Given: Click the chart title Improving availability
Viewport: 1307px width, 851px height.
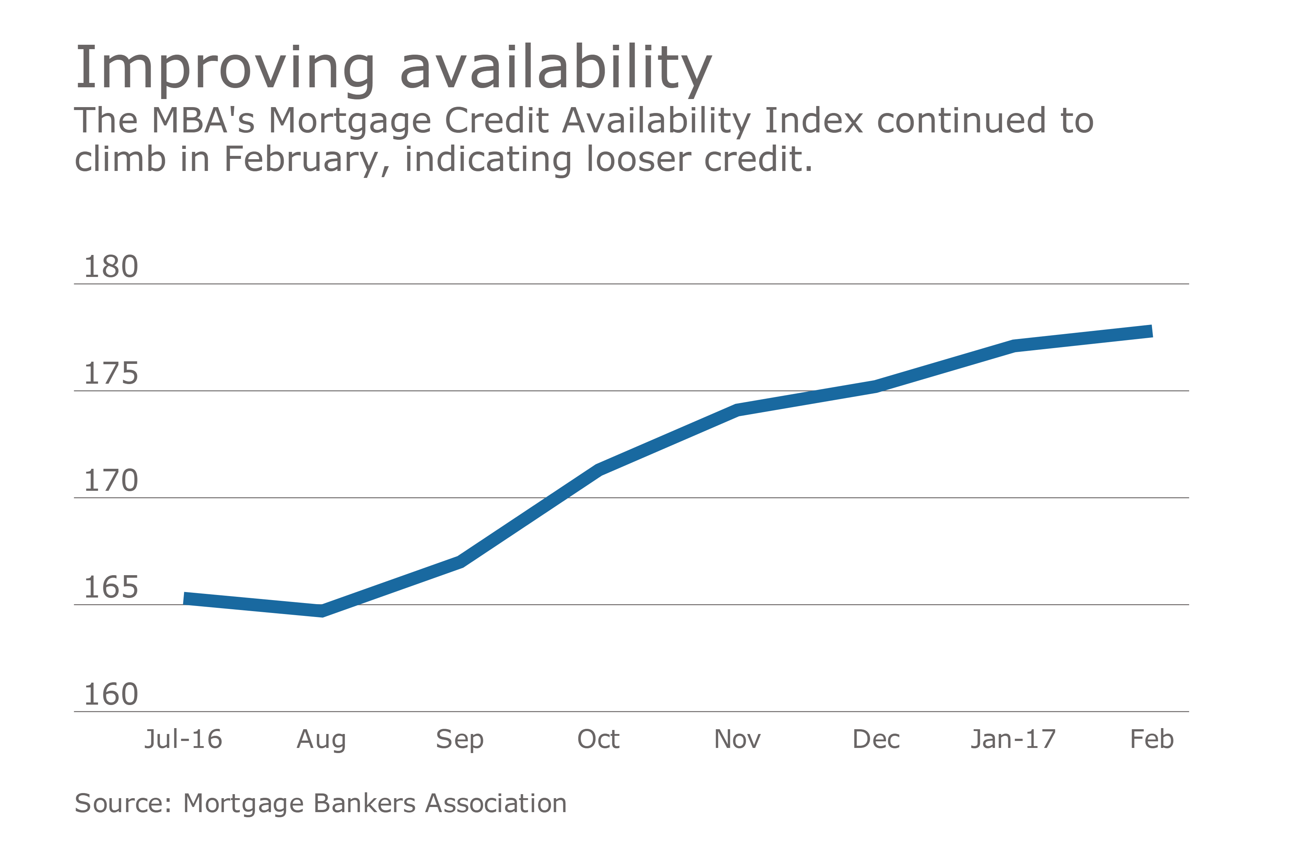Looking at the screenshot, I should click(x=393, y=67).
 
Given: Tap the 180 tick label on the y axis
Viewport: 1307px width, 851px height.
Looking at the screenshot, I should click(x=111, y=267).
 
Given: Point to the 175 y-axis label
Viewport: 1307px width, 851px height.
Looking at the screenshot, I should click(x=111, y=374).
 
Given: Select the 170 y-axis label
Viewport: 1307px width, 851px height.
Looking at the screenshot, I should click(x=111, y=481).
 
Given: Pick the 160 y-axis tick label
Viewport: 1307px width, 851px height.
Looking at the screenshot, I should click(x=111, y=695).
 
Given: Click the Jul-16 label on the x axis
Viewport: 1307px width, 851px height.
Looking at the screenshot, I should click(x=184, y=739).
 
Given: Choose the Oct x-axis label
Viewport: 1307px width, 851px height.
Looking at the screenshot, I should click(x=598, y=739).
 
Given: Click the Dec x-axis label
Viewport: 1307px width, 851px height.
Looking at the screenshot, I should click(x=876, y=739).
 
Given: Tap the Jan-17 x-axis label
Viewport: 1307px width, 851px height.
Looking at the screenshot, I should click(x=1013, y=739).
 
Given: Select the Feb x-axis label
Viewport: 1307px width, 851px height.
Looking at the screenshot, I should click(x=1152, y=739).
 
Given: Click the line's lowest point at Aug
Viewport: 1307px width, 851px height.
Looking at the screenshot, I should click(x=322, y=611).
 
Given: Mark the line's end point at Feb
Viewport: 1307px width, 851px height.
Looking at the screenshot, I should click(x=1151, y=331).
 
